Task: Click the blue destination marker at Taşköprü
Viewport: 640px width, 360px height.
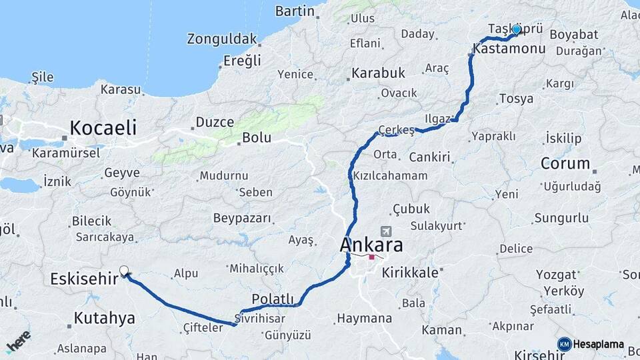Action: tap(516, 29)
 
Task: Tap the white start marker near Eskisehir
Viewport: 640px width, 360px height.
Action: tap(124, 271)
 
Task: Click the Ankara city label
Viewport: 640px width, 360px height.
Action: tap(371, 244)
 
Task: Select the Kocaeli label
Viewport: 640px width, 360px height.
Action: tap(103, 127)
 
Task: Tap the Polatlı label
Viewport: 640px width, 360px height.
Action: tap(273, 298)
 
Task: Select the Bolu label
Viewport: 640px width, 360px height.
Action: tap(257, 137)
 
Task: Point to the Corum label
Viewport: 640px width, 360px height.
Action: tap(565, 163)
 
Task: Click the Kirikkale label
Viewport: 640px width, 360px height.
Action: tap(415, 272)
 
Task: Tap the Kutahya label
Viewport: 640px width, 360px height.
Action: tap(104, 318)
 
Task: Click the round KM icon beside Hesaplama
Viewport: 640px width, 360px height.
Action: tap(564, 344)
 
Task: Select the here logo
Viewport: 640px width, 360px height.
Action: tap(18, 341)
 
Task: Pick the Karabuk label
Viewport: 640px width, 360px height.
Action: tap(379, 72)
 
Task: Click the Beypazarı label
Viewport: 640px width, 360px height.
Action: tap(242, 218)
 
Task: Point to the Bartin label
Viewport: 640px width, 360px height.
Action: tap(294, 11)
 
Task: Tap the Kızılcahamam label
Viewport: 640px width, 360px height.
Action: tap(390, 176)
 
